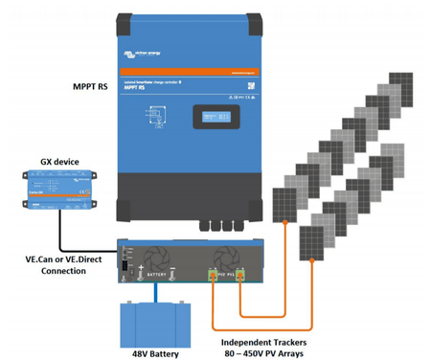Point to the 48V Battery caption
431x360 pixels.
(x=158, y=350)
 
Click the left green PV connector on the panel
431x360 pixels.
(x=215, y=277)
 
